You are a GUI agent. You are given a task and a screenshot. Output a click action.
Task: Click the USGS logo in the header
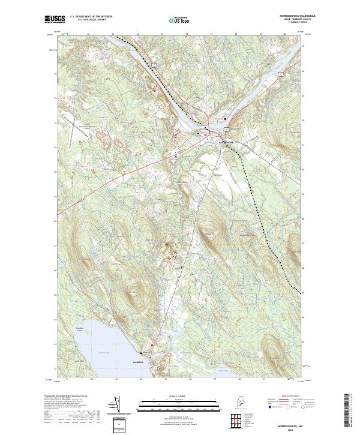pyautogui.click(x=53, y=19)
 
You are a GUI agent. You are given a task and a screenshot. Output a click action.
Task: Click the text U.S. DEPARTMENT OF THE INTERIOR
pyautogui.click(x=91, y=17)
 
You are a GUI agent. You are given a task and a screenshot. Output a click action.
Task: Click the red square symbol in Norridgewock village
pyautogui.click(x=206, y=135)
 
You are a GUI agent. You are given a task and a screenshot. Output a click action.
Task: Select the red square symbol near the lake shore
pyautogui.click(x=152, y=345)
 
